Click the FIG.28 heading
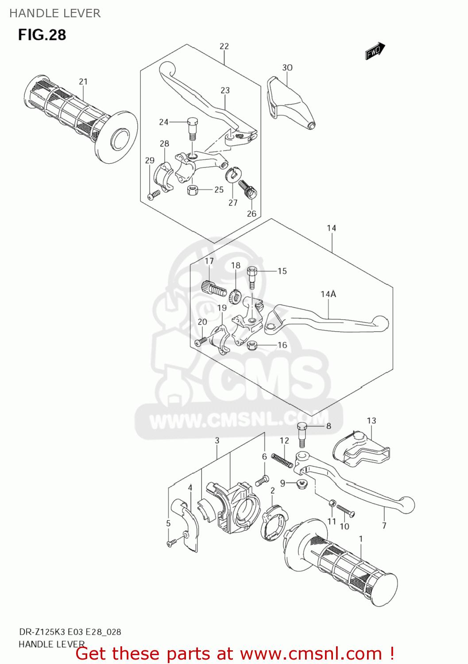point(42,35)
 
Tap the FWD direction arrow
point(375,51)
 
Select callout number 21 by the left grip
point(83,81)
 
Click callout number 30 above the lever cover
point(287,67)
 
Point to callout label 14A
point(328,294)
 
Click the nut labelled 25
point(193,190)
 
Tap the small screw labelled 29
point(153,194)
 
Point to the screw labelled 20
point(201,341)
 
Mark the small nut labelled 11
point(332,503)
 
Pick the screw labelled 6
point(263,479)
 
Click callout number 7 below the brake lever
point(384,525)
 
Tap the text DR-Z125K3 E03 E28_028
point(70,632)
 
